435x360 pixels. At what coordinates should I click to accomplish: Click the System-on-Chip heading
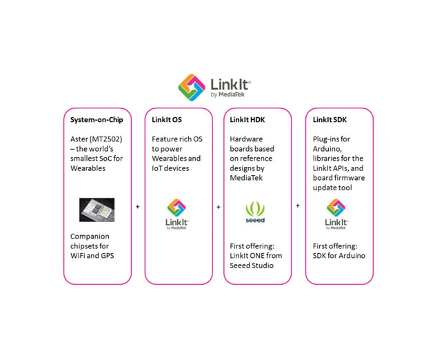(x=97, y=120)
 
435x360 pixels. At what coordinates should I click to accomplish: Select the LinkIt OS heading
(x=167, y=119)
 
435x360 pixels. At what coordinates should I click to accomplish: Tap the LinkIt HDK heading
(x=247, y=119)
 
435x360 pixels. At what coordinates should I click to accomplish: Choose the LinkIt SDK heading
(x=330, y=119)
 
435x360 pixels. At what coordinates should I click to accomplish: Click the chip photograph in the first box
(x=97, y=210)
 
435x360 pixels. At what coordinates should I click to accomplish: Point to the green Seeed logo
(x=255, y=212)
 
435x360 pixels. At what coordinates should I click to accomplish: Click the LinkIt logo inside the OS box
(x=177, y=214)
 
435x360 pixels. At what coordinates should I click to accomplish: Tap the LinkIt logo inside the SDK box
(x=336, y=214)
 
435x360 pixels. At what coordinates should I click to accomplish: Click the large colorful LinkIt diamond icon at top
(x=192, y=87)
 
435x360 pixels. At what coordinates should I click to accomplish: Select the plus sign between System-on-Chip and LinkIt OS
(x=138, y=207)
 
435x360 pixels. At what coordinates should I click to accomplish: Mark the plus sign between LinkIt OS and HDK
(x=219, y=207)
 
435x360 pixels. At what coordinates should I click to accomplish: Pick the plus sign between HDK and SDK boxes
(x=298, y=206)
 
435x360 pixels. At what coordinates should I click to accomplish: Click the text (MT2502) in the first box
(x=106, y=139)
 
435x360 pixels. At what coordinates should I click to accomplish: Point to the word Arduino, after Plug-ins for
(x=327, y=149)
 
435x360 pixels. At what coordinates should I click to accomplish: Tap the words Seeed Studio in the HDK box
(x=252, y=266)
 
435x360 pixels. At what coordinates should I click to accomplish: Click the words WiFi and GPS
(x=92, y=256)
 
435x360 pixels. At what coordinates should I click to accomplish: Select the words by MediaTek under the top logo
(x=227, y=94)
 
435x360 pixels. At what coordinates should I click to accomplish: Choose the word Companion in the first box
(x=90, y=237)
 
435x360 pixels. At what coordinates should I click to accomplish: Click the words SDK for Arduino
(x=339, y=256)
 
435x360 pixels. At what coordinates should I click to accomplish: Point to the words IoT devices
(x=170, y=168)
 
